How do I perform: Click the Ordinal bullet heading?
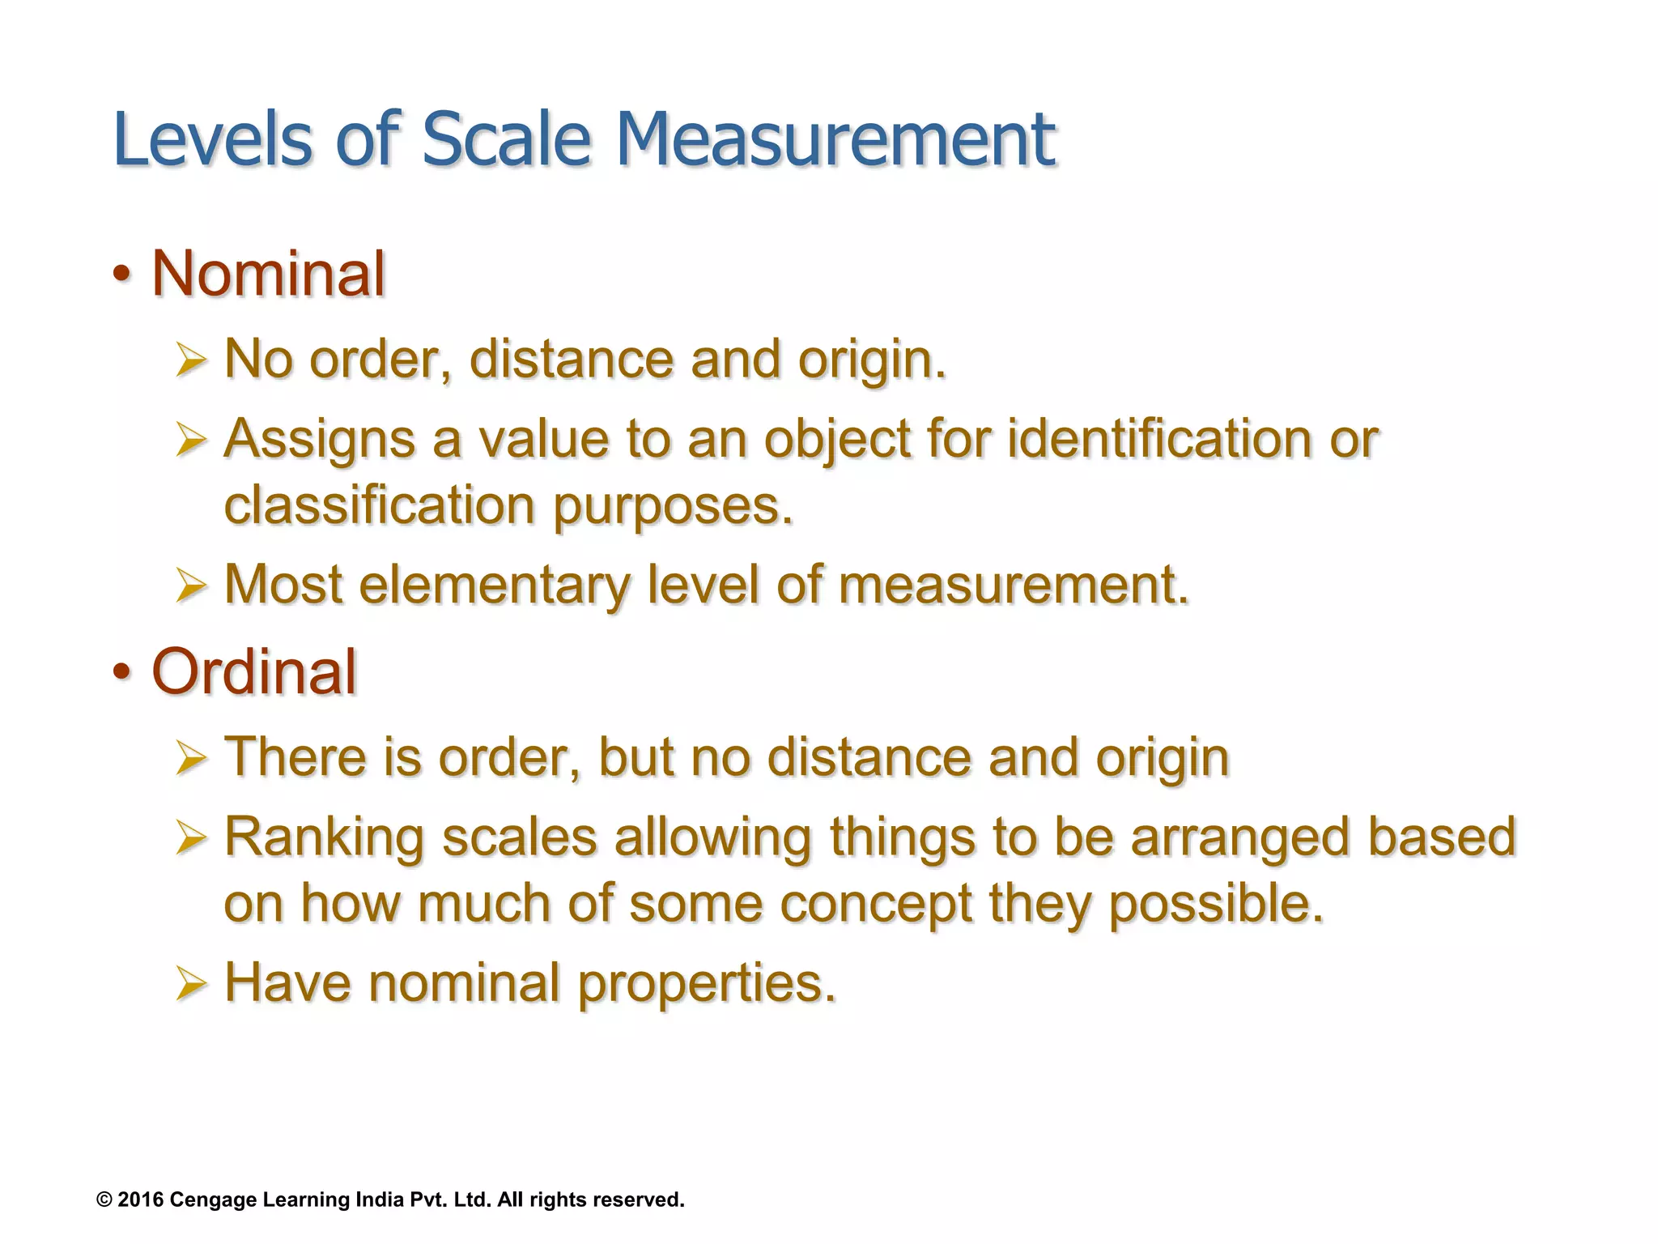pos(254,671)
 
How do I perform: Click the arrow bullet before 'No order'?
pos(191,360)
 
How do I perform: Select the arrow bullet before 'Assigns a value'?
pos(191,440)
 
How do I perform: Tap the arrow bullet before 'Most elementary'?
pos(191,585)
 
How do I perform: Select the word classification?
pos(379,505)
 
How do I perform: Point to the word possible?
pos(1215,903)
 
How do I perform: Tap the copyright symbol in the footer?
pos(104,1199)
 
